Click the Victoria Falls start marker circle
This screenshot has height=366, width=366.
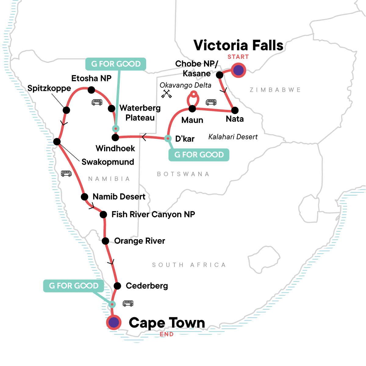point(239,70)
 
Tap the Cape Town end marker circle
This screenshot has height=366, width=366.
point(114,322)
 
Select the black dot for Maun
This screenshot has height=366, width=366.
point(192,109)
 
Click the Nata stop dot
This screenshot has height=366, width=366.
point(235,110)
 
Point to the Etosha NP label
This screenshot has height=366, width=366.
point(91,78)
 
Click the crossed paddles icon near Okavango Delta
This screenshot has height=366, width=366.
point(167,94)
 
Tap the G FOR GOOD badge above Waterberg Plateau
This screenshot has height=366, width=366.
point(116,64)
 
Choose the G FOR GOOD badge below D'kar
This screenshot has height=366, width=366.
point(199,155)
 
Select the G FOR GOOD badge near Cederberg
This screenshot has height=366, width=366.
point(74,286)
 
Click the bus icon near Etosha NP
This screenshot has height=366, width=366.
point(97,102)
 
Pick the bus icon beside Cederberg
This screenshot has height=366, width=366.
point(128,303)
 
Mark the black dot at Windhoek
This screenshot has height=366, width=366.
point(115,138)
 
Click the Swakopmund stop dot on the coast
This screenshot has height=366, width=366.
point(57,142)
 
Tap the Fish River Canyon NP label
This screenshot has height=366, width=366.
point(153,214)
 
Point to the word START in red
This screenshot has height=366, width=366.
point(238,57)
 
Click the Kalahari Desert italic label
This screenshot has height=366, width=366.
point(233,137)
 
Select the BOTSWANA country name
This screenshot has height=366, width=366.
point(183,174)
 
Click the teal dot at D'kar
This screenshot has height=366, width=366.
point(168,138)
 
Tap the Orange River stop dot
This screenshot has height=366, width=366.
point(106,241)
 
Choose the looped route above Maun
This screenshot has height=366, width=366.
point(193,98)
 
